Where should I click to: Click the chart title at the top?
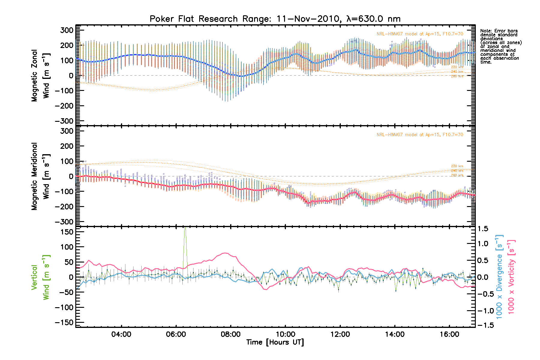[x=275, y=19]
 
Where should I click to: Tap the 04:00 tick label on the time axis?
[x=121, y=334]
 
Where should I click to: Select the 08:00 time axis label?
[x=230, y=334]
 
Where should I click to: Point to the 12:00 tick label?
[x=340, y=334]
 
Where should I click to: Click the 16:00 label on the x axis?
[x=449, y=334]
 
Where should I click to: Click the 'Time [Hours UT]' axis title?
[x=275, y=342]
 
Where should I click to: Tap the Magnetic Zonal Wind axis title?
[x=40, y=76]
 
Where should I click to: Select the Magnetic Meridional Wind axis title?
[x=40, y=176]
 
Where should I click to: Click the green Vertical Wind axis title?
[x=40, y=277]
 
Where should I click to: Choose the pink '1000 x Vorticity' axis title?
[x=511, y=277]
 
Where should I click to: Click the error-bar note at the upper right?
[x=500, y=46]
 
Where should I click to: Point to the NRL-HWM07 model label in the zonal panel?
[x=420, y=34]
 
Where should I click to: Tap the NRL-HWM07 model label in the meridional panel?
[x=420, y=135]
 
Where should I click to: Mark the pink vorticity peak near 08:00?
[x=225, y=253]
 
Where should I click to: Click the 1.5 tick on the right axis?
[x=483, y=229]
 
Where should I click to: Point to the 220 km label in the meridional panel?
[x=457, y=166]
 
